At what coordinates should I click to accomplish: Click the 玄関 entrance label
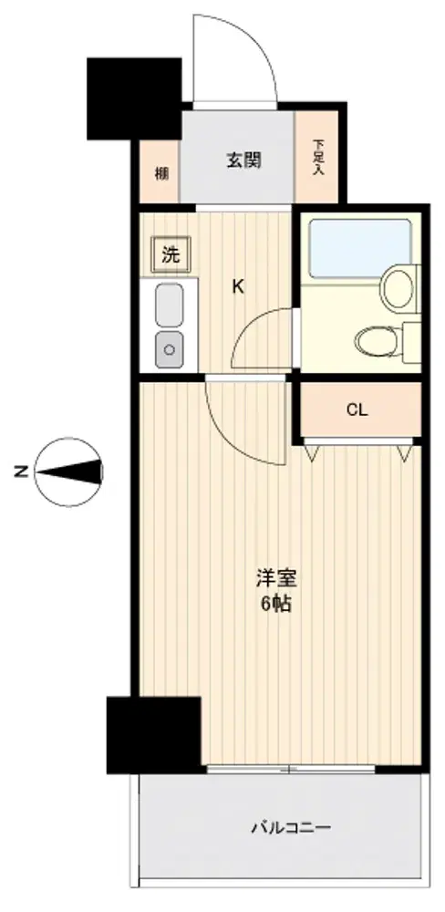coord(243,160)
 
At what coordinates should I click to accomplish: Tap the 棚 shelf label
coord(161,172)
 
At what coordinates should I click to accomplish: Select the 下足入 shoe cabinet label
coord(317,157)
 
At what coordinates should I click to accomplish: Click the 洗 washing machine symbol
coord(171,254)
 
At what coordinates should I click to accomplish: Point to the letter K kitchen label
coord(237,286)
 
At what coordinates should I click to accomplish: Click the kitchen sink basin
coord(170,305)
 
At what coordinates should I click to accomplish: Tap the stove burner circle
coord(170,349)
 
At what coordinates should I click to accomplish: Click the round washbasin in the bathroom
coord(398,285)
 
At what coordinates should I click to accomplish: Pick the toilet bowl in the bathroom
coord(377,340)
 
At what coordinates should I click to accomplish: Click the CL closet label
coord(357,410)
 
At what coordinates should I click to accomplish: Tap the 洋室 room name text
coord(277,579)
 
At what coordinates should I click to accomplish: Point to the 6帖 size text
coord(275,605)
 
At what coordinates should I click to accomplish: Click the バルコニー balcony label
coord(291,827)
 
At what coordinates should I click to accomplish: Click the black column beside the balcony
coord(154,734)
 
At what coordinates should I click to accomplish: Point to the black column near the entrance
coord(134,98)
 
